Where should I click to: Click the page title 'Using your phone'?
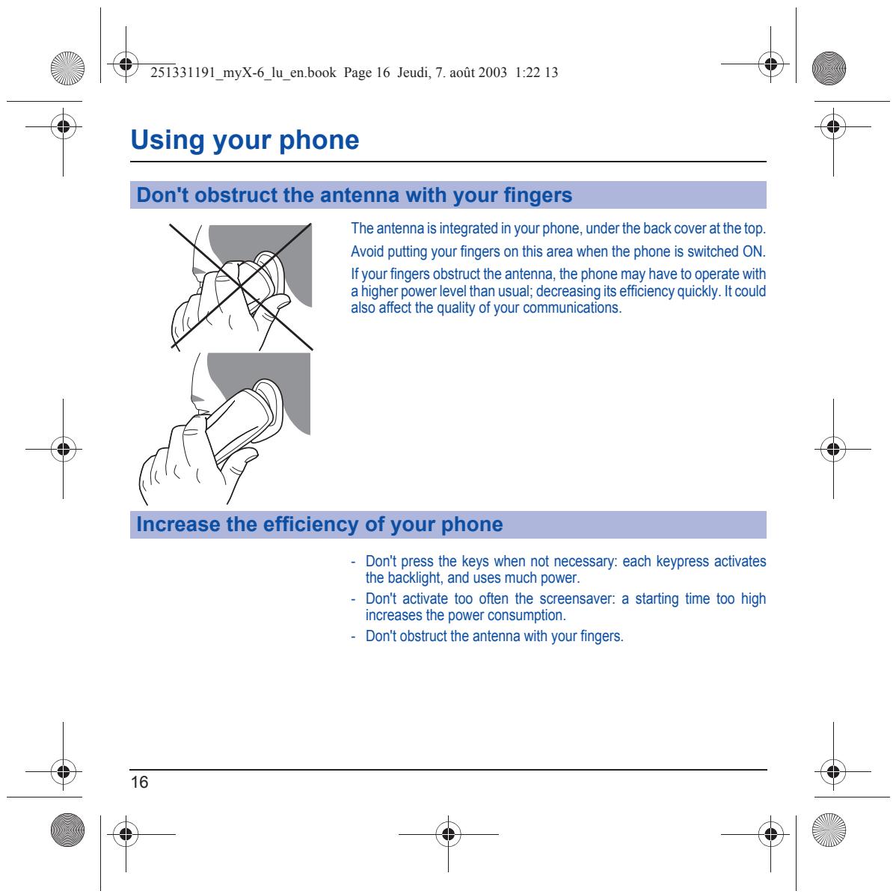click(x=245, y=140)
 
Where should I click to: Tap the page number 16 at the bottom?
click(x=139, y=782)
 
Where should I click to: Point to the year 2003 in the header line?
click(x=493, y=73)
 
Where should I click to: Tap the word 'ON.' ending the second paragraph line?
click(x=754, y=251)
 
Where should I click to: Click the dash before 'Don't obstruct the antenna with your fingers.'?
click(x=353, y=637)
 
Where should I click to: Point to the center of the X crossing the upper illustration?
click(x=240, y=287)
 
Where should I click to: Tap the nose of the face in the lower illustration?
click(x=196, y=398)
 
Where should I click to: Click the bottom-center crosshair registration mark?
click(x=449, y=835)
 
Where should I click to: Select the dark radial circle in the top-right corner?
click(x=829, y=68)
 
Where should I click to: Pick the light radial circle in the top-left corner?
click(x=67, y=68)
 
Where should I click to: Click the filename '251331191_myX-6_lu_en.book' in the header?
click(x=243, y=73)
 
